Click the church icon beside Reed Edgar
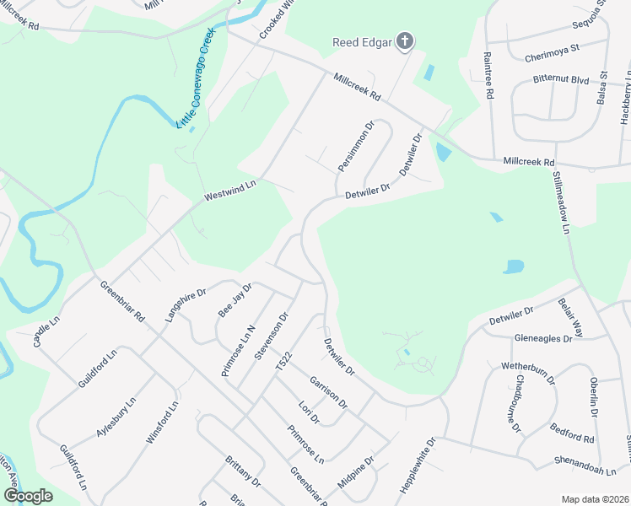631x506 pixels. (x=406, y=40)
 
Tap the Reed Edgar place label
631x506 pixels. (x=362, y=41)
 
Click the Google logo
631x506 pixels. (x=29, y=495)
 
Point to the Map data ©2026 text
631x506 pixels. (x=596, y=499)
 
